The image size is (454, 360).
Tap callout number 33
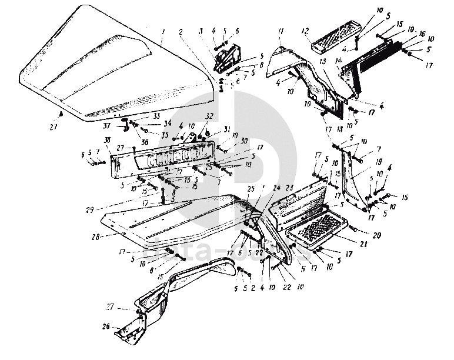tap(139, 116)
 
